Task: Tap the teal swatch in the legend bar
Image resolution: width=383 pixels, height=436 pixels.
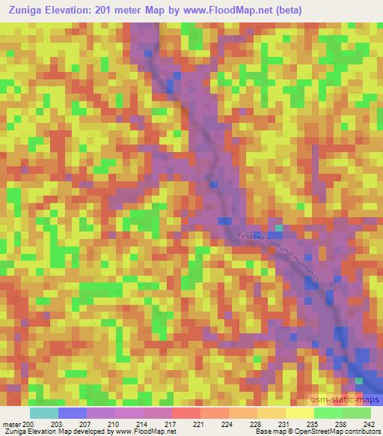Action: point(43,413)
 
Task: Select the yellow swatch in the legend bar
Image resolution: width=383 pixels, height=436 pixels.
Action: point(299,413)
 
